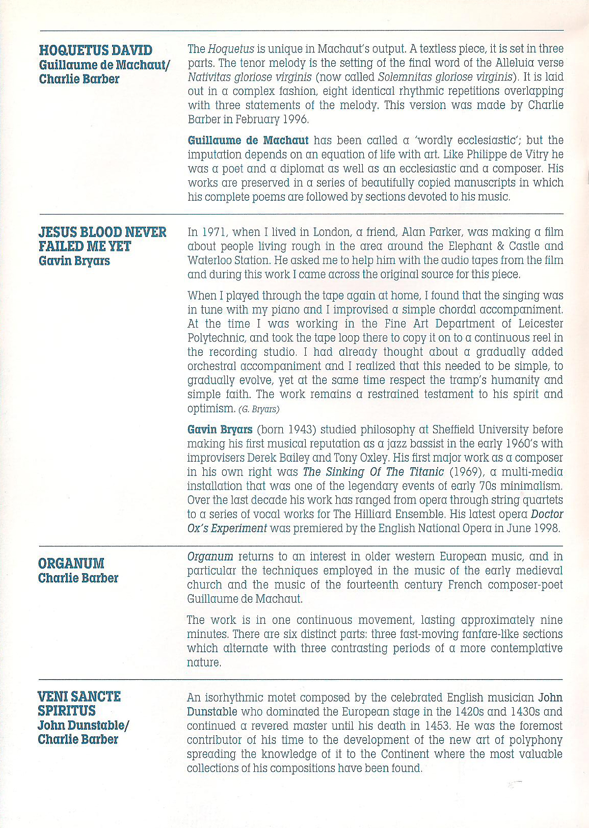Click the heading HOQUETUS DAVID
tap(95, 50)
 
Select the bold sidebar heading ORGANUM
tap(71, 564)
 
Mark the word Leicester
tap(540, 324)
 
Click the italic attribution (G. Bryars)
tap(259, 409)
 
